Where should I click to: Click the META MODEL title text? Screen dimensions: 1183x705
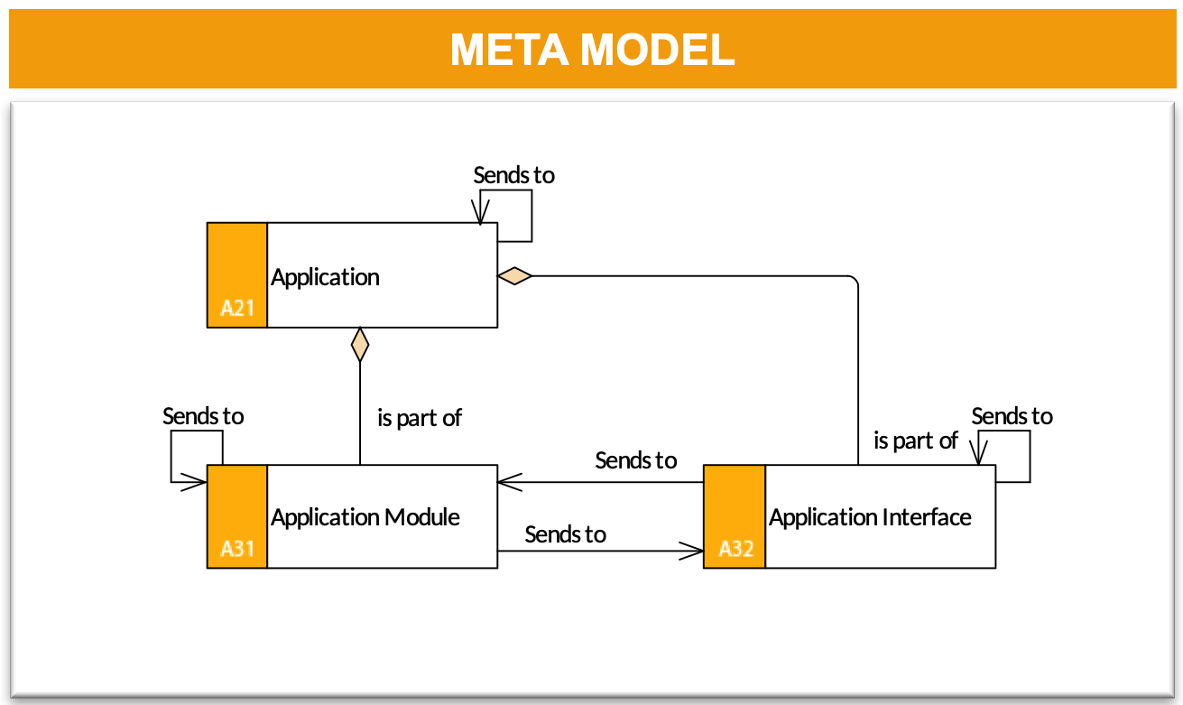coord(592,49)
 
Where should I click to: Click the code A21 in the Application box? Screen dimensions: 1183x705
coord(237,308)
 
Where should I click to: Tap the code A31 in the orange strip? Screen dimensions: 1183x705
coord(237,549)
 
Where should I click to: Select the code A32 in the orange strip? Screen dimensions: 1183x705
coord(736,549)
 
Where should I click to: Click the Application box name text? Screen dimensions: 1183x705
coord(325,277)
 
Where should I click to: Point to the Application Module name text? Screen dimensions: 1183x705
coord(365,517)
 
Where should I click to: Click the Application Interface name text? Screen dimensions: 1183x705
coord(870,517)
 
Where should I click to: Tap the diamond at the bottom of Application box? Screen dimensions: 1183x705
coord(360,345)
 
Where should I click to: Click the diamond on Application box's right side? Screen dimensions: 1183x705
coord(514,276)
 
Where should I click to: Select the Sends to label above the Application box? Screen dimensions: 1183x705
coord(513,175)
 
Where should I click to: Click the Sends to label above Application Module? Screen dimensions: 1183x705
coord(203,416)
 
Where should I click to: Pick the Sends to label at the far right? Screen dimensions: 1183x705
coord(1012,416)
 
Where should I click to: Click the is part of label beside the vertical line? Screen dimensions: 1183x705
coord(420,418)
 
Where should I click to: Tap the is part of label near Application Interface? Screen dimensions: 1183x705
coord(916,441)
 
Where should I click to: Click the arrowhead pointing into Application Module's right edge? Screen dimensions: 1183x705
coord(509,482)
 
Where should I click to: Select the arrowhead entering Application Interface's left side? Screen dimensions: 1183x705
coord(691,552)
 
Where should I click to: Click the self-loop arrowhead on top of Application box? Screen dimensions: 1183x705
coord(480,212)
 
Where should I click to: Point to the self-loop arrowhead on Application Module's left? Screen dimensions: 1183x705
coord(194,482)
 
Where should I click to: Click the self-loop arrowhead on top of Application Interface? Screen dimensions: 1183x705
coord(979,453)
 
